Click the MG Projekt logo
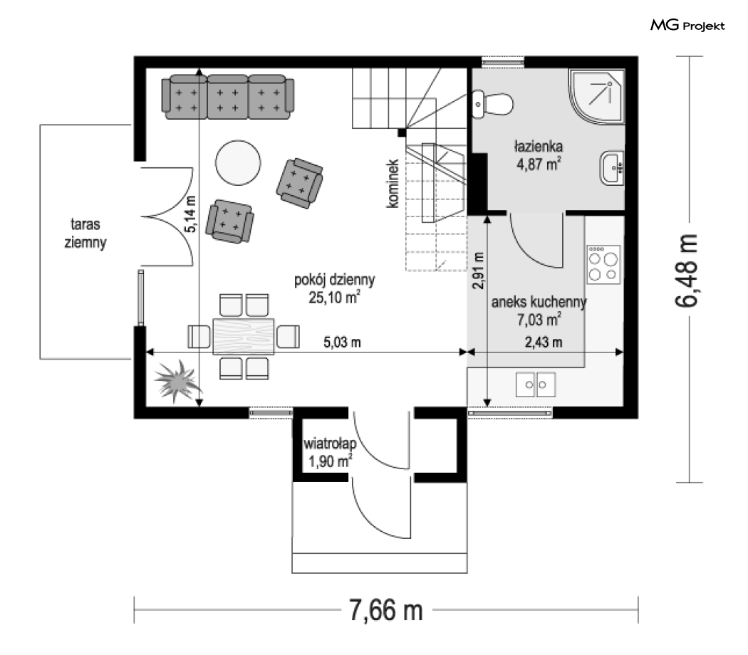pos(687,25)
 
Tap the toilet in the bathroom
pos(493,103)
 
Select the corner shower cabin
pos(597,97)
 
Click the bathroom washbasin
pos(612,168)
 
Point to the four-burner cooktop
pos(603,265)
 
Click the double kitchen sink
pos(536,384)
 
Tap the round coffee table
pos(238,162)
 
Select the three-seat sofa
pos(227,97)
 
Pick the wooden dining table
pos(244,337)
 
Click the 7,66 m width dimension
pos(386,609)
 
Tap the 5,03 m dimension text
pos(342,342)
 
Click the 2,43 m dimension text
pos(544,342)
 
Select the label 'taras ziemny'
pos(85,233)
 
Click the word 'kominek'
pos(393,184)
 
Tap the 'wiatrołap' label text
pos(330,444)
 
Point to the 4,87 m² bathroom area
pos(539,164)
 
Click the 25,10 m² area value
pos(334,298)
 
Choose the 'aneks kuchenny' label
pos(539,302)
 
